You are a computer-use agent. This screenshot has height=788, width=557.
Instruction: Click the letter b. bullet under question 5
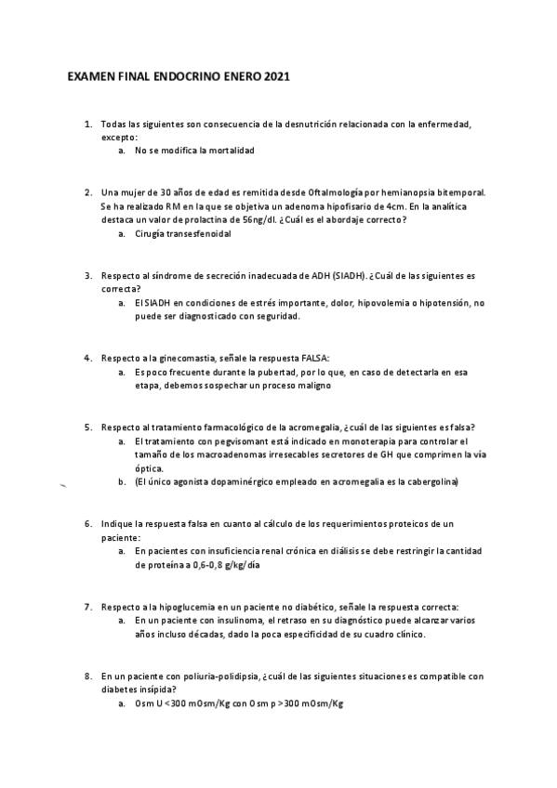point(123,482)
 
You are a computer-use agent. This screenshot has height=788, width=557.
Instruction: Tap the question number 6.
point(87,524)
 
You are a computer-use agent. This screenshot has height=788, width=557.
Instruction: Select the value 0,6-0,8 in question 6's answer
point(209,564)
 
